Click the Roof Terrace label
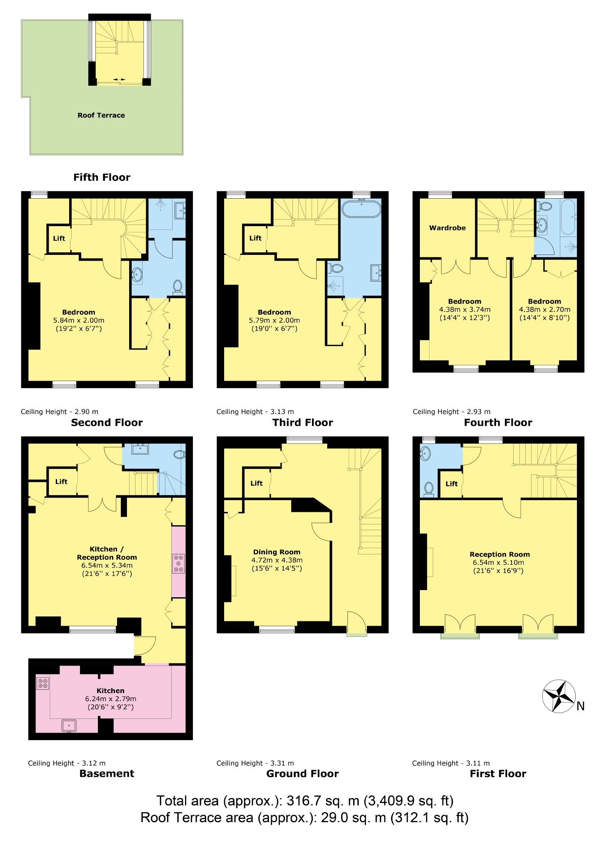[x=101, y=115]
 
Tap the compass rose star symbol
[x=559, y=696]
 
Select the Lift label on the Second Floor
[x=59, y=239]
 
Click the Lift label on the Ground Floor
[x=257, y=483]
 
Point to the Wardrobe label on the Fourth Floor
[x=447, y=228]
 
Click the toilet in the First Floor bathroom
[x=428, y=489]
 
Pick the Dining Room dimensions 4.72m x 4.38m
[x=277, y=560]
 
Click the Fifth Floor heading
[x=102, y=177]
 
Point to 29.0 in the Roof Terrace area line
[x=332, y=817]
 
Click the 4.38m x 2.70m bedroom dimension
[x=544, y=309]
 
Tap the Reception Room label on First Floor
[x=499, y=554]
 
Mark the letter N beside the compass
[x=581, y=706]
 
